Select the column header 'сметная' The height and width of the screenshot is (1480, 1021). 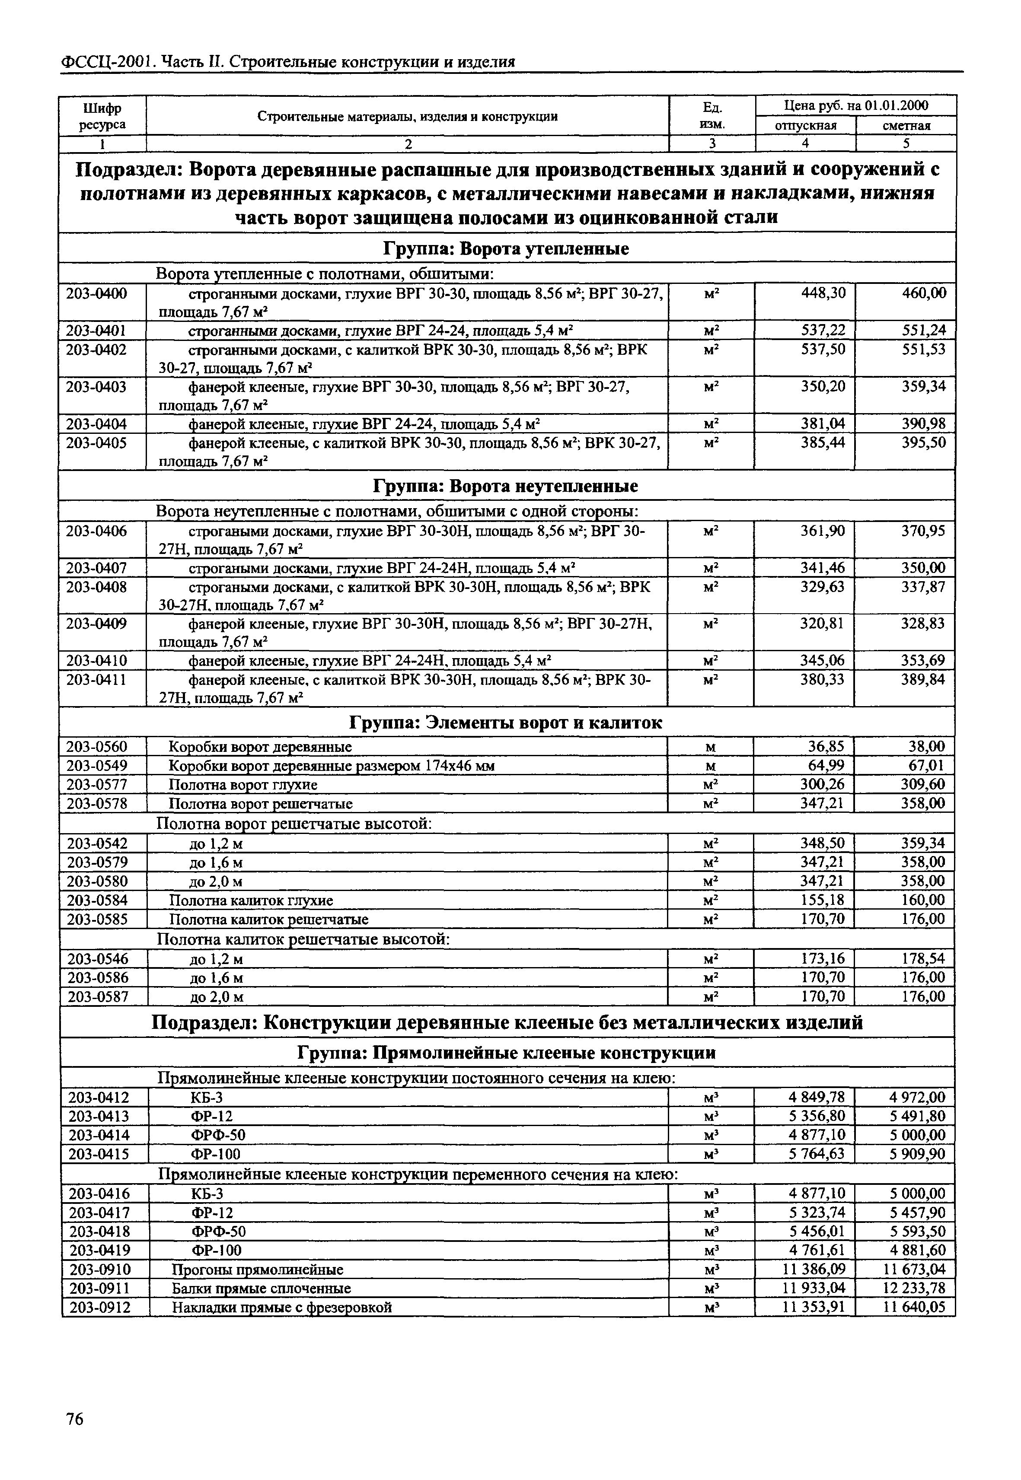(x=906, y=125)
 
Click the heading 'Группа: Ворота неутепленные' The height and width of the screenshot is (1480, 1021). (x=505, y=486)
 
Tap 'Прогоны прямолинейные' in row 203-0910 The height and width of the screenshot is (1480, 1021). (x=257, y=1269)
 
